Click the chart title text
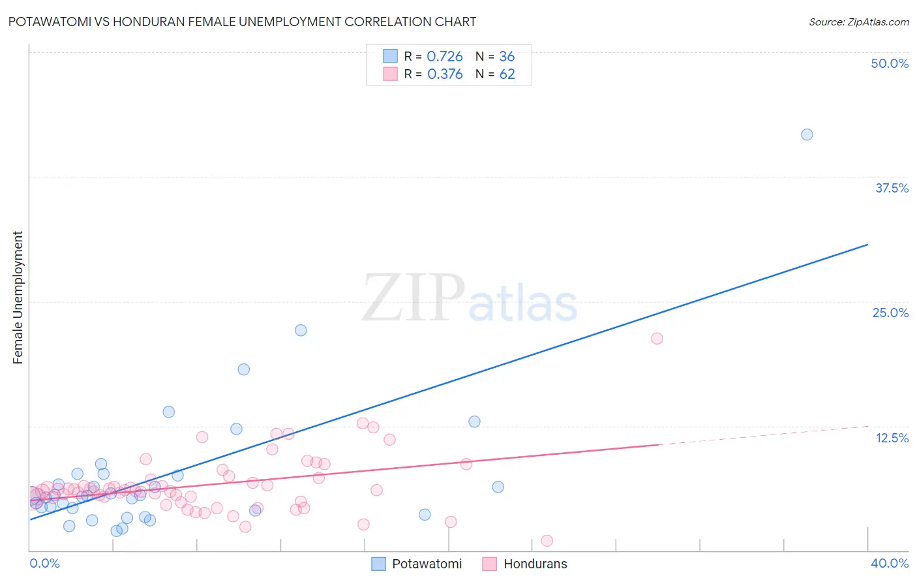pos(242,22)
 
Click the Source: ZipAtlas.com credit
pos(858,22)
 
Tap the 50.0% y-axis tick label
pos(890,63)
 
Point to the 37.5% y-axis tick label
pos(892,188)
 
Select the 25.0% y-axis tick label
pos(890,313)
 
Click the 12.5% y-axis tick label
pos(892,438)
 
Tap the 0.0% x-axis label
pos(44,563)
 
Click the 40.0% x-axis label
pos(890,563)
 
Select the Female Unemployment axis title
pos(18,298)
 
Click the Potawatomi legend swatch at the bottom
pos(379,564)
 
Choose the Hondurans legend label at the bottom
pos(535,564)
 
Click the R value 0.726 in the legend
pos(445,57)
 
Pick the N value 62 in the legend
pos(507,74)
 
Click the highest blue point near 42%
pos(807,134)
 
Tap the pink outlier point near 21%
pos(657,338)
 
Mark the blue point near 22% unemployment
pos(301,330)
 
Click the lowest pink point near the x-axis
pos(547,540)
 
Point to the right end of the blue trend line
pos(867,245)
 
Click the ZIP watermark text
pos(413,298)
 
